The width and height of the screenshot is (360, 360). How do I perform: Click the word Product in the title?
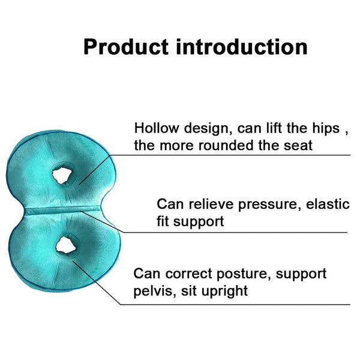125,47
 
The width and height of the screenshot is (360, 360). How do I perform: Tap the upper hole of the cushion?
62,176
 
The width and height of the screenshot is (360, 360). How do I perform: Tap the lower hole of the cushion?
64,245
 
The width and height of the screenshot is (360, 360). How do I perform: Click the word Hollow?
154,128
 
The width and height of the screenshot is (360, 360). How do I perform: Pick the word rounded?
228,146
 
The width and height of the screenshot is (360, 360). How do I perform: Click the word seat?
296,146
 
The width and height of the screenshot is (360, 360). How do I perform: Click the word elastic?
328,204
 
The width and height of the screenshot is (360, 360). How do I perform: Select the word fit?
164,221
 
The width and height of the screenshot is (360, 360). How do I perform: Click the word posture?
245,275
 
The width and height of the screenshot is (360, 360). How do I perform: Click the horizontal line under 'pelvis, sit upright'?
240,304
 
